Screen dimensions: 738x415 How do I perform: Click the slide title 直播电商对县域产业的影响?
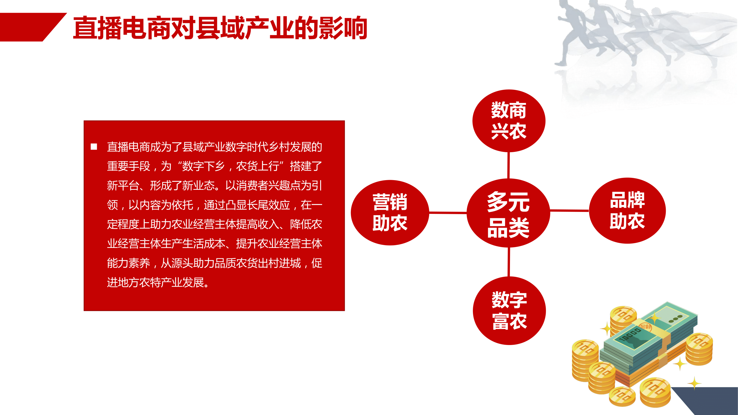pos(220,28)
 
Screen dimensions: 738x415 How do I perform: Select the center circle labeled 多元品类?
pos(508,213)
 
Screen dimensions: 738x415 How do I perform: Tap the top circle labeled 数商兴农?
pos(509,121)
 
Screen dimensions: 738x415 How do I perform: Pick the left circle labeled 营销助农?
pos(390,212)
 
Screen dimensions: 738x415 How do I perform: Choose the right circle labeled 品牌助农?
pos(627,211)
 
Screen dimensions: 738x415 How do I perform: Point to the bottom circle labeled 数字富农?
pos(509,310)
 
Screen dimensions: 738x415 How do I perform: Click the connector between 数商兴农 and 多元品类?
pos(509,165)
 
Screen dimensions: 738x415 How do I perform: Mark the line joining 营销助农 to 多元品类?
pos(448,213)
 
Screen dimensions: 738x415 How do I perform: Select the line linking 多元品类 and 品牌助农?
pos(569,211)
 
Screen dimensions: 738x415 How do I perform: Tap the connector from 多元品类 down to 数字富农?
pos(509,262)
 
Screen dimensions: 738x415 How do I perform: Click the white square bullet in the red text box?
pos(94,147)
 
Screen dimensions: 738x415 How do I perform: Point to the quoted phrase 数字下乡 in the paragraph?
pos(203,166)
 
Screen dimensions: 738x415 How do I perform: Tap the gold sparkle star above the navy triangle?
pos(695,383)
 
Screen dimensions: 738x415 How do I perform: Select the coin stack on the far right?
pos(699,349)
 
